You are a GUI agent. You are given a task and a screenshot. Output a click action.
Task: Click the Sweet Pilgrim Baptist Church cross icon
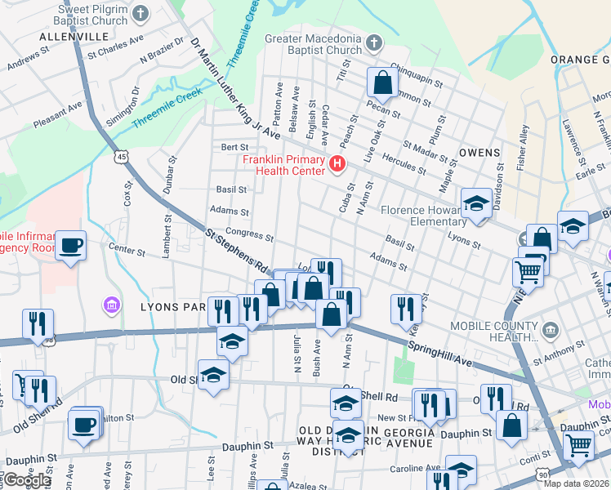[141, 13]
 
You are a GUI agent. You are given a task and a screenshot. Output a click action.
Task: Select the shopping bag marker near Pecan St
[382, 82]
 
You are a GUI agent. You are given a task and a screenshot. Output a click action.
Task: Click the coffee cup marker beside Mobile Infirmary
[71, 244]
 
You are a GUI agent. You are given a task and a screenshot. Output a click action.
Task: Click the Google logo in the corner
[27, 480]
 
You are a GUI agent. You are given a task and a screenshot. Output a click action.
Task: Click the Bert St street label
[234, 147]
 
